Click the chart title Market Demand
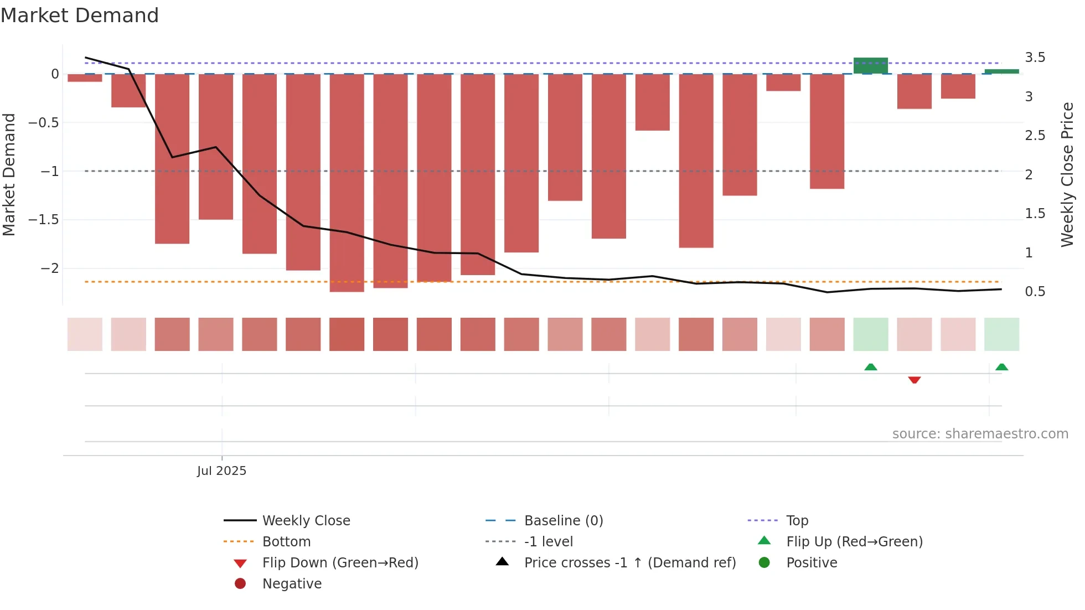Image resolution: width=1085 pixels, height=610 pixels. (80, 15)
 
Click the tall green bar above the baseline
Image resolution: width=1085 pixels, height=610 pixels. (870, 65)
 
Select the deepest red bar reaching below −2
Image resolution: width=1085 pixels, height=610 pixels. (347, 183)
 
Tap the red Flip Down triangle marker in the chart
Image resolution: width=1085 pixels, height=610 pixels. (914, 380)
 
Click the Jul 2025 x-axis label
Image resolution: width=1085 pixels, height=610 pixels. (221, 471)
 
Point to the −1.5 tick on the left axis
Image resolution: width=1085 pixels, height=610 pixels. (44, 220)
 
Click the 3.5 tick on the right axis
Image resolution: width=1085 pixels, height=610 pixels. (1035, 58)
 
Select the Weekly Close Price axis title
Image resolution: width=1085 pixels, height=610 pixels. (1067, 174)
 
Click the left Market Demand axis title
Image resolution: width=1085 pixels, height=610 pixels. (9, 174)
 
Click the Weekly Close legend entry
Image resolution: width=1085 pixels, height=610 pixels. (306, 521)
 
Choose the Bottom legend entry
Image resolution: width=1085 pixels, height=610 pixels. (286, 542)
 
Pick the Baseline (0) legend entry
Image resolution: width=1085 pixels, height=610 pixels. (563, 521)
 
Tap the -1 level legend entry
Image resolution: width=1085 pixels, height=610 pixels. (548, 542)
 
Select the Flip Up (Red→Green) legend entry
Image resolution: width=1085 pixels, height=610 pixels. (854, 542)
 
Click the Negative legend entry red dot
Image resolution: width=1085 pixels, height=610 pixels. (240, 583)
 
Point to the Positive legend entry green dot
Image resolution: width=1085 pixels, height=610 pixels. (764, 562)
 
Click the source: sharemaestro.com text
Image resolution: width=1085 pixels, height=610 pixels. (980, 434)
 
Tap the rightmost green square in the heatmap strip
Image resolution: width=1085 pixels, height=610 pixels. (1001, 334)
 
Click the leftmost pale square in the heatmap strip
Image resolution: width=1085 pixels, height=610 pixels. (85, 334)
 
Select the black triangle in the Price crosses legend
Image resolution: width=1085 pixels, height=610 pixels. (502, 561)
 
